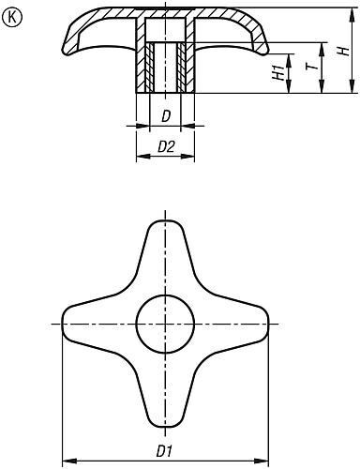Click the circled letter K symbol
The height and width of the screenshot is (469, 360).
click(12, 18)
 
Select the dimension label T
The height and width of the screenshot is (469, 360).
click(313, 66)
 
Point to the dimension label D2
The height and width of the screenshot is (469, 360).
click(166, 146)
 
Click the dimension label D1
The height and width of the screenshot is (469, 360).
click(164, 451)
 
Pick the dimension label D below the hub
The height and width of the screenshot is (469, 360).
click(166, 116)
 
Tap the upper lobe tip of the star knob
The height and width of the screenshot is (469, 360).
click(165, 220)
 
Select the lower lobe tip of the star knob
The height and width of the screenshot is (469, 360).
click(165, 427)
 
